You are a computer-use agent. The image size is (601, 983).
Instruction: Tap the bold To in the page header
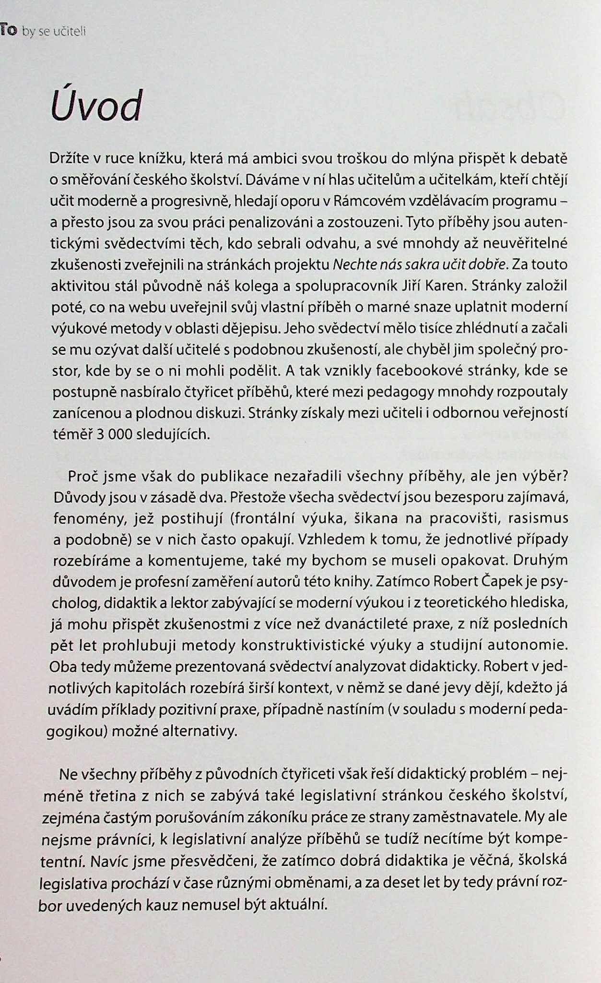(x=8, y=31)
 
